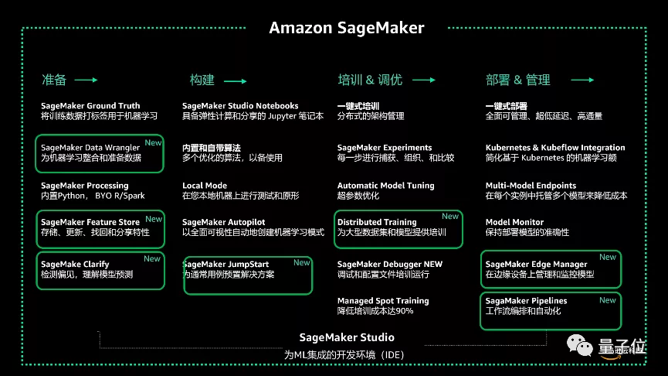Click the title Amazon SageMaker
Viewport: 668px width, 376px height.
tap(346, 29)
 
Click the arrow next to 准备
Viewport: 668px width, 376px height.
tap(86, 80)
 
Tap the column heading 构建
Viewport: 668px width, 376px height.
tap(202, 80)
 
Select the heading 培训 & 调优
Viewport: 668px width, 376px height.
tap(370, 80)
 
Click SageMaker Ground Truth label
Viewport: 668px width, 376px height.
tap(90, 106)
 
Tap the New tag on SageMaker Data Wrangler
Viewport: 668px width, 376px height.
tap(154, 142)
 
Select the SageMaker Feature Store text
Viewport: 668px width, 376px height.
tap(90, 223)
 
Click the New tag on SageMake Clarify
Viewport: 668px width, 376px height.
tap(152, 259)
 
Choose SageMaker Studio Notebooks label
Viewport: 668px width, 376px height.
tap(240, 106)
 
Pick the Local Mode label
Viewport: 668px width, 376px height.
tap(205, 186)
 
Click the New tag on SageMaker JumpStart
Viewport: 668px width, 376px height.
tap(301, 263)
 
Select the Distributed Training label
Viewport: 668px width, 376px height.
tap(377, 223)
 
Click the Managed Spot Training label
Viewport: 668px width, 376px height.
tap(383, 301)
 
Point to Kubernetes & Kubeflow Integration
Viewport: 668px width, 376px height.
tap(555, 148)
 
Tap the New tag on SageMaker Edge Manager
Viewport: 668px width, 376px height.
tap(608, 257)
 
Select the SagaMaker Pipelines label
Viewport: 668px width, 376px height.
tap(526, 301)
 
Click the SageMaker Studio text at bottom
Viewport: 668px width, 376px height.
tap(347, 337)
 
